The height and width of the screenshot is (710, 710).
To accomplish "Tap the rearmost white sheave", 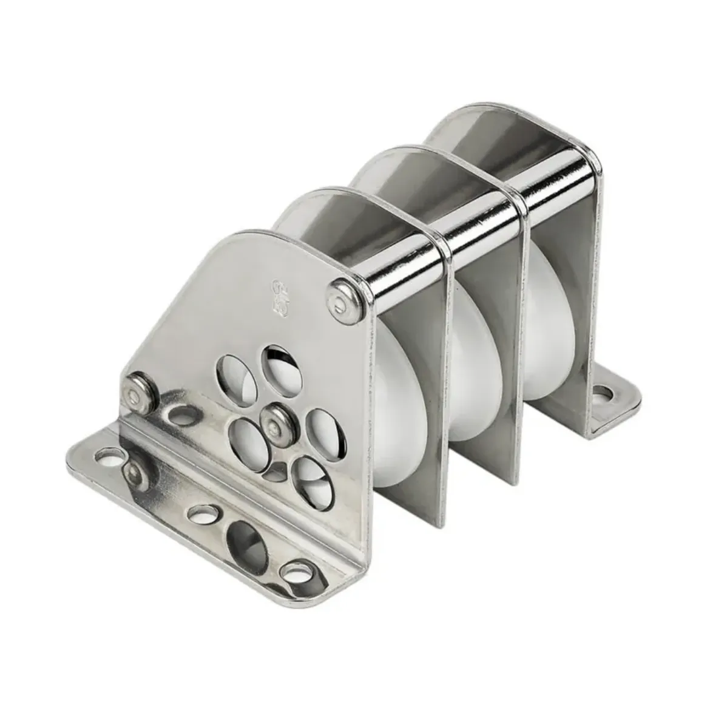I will click(x=540, y=340).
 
